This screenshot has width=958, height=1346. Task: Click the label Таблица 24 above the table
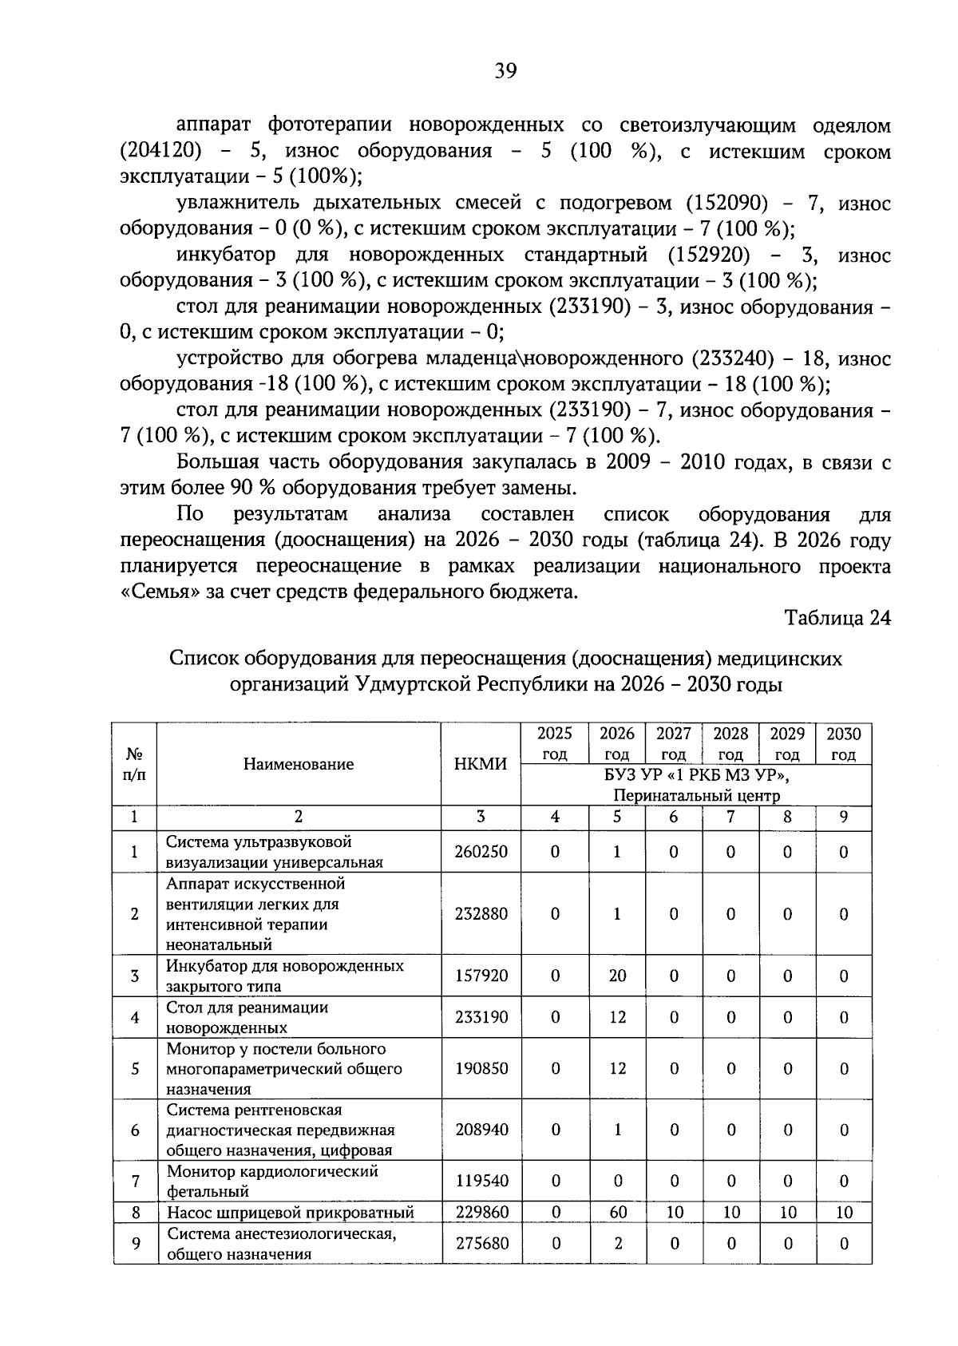click(x=837, y=618)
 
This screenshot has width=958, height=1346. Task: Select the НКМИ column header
click(x=481, y=764)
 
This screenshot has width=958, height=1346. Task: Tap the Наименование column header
click(x=299, y=764)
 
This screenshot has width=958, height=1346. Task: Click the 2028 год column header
click(x=730, y=743)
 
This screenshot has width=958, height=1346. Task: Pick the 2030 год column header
click(x=843, y=743)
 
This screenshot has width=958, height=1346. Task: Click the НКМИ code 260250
click(x=481, y=852)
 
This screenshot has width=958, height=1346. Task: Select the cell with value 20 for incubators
click(x=617, y=976)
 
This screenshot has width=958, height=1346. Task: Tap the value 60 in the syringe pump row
click(x=617, y=1213)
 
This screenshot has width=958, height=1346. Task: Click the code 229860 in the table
click(x=481, y=1213)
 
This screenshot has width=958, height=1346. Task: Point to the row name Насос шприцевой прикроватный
click(x=290, y=1213)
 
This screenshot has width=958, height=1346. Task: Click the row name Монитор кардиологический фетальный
click(x=271, y=1181)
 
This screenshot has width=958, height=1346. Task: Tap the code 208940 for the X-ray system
click(x=481, y=1130)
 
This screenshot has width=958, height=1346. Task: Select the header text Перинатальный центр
click(x=696, y=795)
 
